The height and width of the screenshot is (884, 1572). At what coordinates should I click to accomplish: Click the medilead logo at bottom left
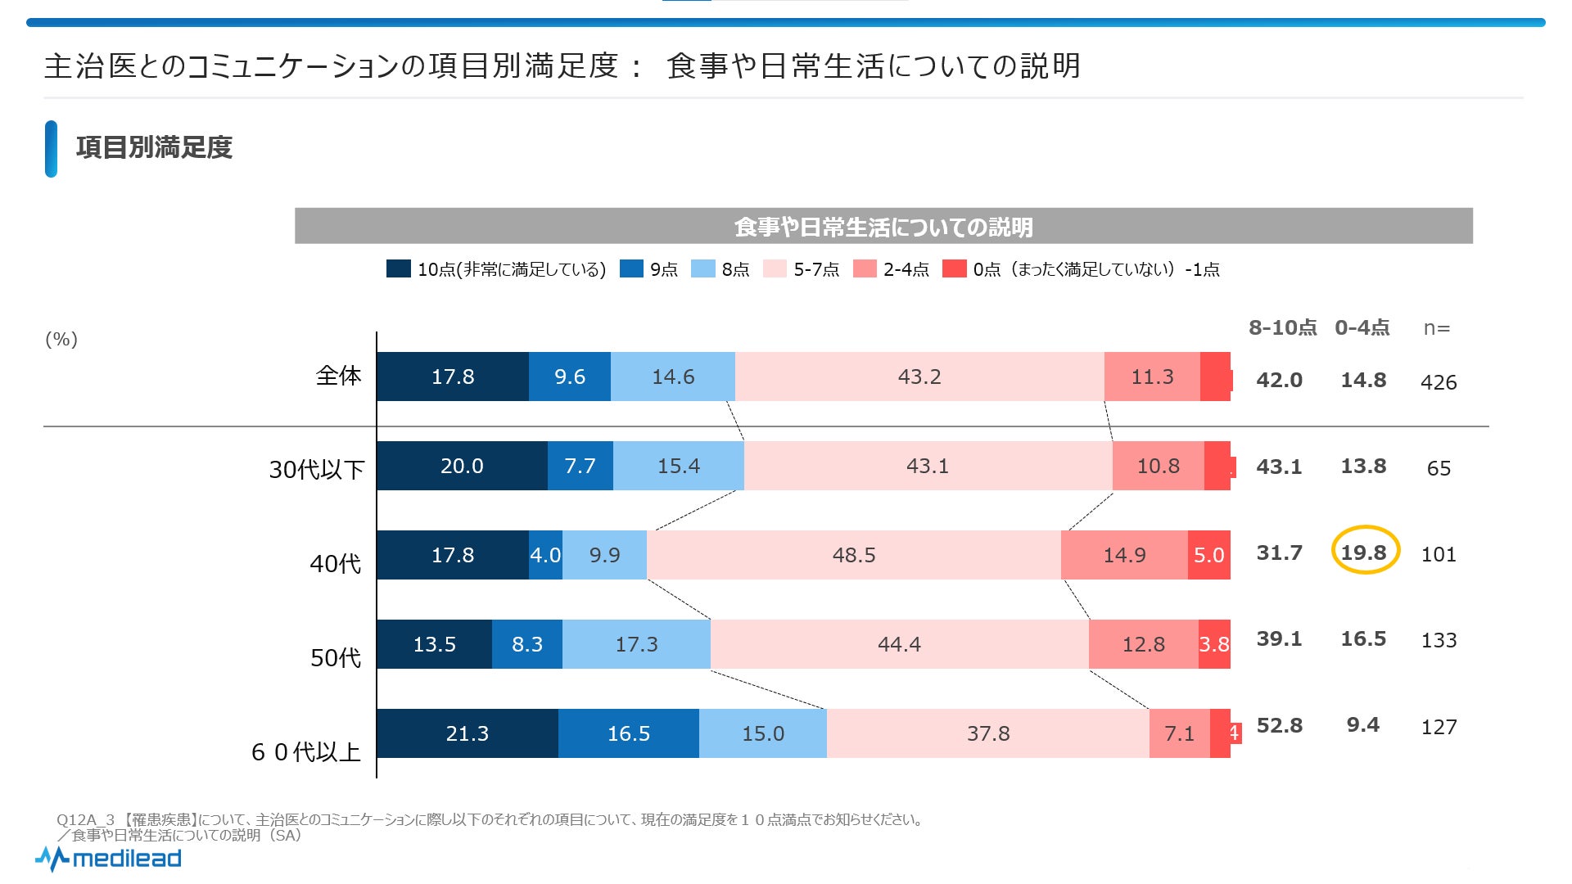click(x=109, y=859)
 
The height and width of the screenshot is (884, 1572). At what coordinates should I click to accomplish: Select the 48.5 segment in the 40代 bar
click(x=853, y=555)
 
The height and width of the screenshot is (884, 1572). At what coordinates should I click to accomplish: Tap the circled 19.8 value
click(x=1364, y=552)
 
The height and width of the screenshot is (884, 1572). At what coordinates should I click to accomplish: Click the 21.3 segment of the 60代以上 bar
click(x=467, y=733)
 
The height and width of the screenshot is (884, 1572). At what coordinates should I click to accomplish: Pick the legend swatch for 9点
click(x=631, y=268)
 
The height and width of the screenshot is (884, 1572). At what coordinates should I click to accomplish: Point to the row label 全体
click(x=338, y=376)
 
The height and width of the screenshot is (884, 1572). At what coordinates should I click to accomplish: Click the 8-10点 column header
click(x=1282, y=328)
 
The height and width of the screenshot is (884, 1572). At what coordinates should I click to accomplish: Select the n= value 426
click(x=1439, y=382)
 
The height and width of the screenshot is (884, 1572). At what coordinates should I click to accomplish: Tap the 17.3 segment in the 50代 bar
click(x=636, y=644)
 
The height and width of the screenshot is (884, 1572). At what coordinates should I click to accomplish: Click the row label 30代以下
click(x=317, y=470)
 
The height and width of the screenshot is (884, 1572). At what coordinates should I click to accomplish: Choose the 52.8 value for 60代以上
click(x=1279, y=725)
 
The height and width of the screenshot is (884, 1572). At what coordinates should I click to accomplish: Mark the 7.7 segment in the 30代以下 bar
click(x=580, y=466)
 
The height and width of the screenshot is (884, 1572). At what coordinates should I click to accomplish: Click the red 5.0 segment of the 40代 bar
click(x=1208, y=555)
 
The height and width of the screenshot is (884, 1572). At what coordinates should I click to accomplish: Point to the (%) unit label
click(x=61, y=339)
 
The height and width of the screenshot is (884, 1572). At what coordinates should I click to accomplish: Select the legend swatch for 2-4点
click(x=865, y=268)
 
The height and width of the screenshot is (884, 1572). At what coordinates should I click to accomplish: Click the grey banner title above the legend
click(x=883, y=226)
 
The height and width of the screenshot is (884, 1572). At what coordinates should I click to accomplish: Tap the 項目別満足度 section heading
click(x=154, y=147)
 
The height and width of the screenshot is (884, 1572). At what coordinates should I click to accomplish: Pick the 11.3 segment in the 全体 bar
click(x=1152, y=377)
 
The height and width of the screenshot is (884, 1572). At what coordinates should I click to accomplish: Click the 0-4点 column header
click(x=1362, y=328)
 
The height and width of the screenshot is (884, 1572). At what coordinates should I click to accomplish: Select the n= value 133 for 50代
click(x=1439, y=640)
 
